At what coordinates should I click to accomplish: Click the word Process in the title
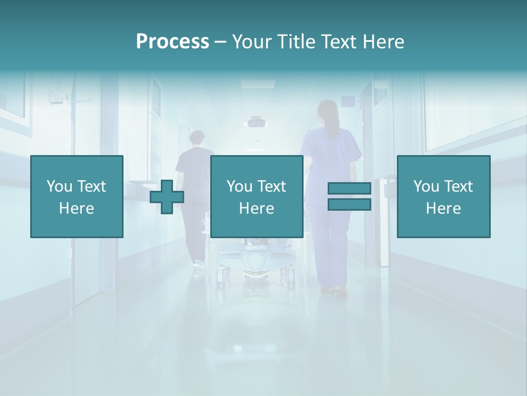[172, 42]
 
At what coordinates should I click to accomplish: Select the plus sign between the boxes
[167, 197]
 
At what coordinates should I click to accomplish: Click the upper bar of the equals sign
[349, 189]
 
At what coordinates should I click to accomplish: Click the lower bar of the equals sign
[349, 205]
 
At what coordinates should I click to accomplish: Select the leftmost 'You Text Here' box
[77, 196]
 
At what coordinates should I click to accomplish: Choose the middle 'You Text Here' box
[256, 196]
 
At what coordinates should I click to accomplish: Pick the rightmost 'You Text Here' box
[443, 196]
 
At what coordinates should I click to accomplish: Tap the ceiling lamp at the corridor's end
[256, 122]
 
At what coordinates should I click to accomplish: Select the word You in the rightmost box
[426, 186]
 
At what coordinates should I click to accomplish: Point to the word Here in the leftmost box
[77, 208]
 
